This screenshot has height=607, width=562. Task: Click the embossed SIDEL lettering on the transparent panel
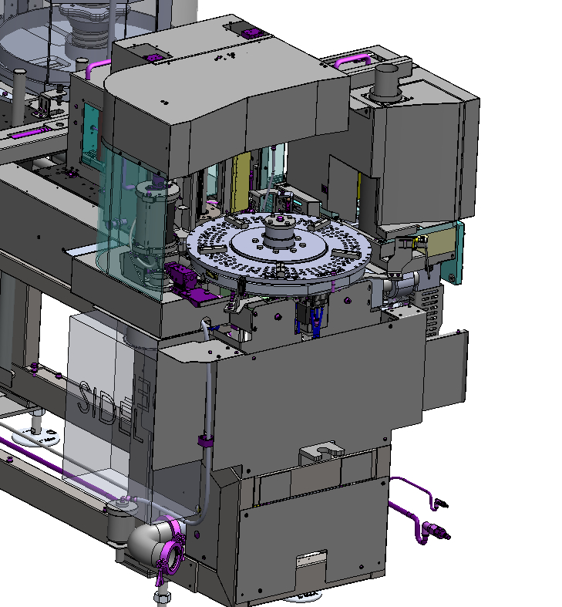[x=113, y=406]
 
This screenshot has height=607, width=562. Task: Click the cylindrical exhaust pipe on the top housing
[x=385, y=82]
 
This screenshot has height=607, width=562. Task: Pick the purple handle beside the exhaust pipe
[x=352, y=61]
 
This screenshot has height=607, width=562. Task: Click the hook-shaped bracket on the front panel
[x=321, y=450]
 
